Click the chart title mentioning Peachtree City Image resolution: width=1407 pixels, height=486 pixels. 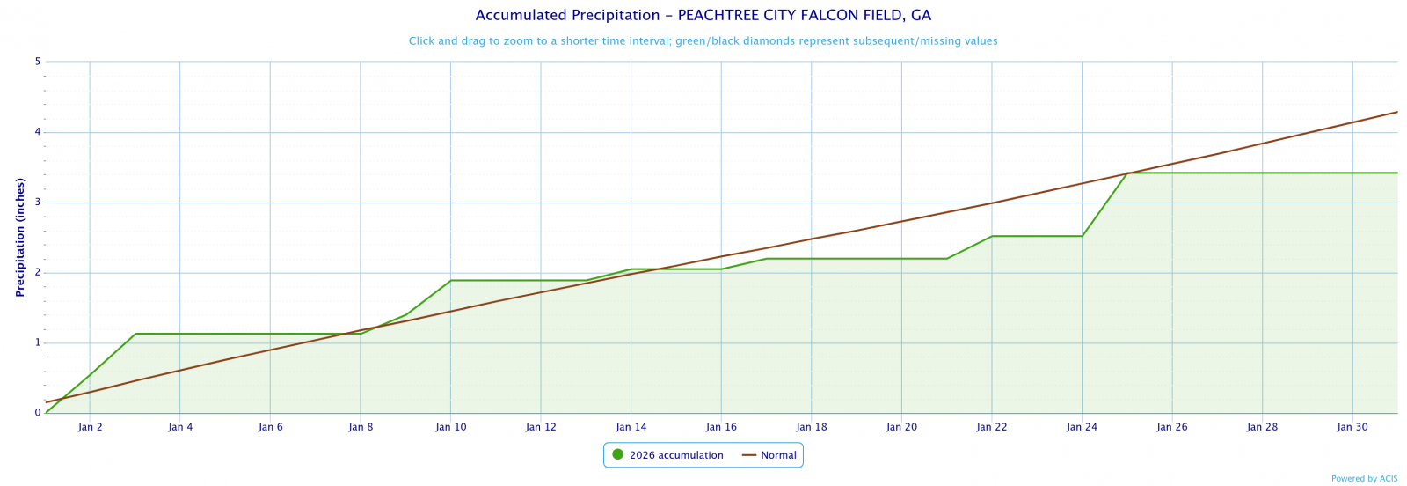pyautogui.click(x=703, y=16)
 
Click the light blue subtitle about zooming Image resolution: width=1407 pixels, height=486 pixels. pyautogui.click(x=703, y=41)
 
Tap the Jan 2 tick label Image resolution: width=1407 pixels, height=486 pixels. pyautogui.click(x=90, y=427)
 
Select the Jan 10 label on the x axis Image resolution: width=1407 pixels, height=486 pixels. pyautogui.click(x=450, y=427)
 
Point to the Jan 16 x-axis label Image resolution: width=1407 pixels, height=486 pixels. pyautogui.click(x=721, y=427)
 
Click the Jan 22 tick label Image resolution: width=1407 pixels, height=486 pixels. pyautogui.click(x=991, y=427)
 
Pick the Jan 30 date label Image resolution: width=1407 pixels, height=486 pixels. pyautogui.click(x=1352, y=427)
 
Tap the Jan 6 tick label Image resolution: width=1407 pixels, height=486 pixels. pyautogui.click(x=270, y=427)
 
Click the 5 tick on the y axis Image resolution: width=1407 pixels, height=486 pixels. pyautogui.click(x=38, y=62)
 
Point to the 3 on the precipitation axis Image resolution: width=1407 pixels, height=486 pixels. pyautogui.click(x=38, y=202)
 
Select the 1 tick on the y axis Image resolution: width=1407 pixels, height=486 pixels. pyautogui.click(x=38, y=342)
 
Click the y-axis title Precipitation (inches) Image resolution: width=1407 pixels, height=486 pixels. pyautogui.click(x=20, y=237)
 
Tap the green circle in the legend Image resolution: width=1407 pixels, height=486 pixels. pyautogui.click(x=617, y=454)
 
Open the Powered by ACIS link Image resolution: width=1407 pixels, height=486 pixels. pyautogui.click(x=1364, y=479)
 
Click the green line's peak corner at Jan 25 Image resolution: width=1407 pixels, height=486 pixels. pyautogui.click(x=1127, y=173)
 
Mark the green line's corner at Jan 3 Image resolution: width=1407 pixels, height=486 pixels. pyautogui.click(x=135, y=334)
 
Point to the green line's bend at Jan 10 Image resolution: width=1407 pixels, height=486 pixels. pyautogui.click(x=450, y=281)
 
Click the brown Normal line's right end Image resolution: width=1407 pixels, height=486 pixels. pyautogui.click(x=1396, y=112)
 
